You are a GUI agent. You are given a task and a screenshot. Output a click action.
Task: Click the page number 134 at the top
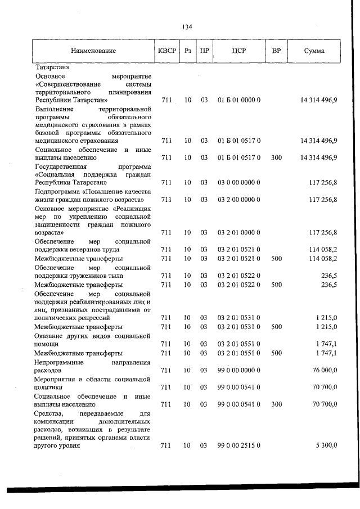click(187, 26)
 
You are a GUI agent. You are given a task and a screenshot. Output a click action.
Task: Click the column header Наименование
click(93, 51)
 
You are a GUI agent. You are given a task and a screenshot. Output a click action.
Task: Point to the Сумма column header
click(314, 51)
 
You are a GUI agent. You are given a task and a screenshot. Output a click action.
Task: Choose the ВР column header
click(276, 51)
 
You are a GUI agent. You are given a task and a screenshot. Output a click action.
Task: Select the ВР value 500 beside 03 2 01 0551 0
click(276, 353)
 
